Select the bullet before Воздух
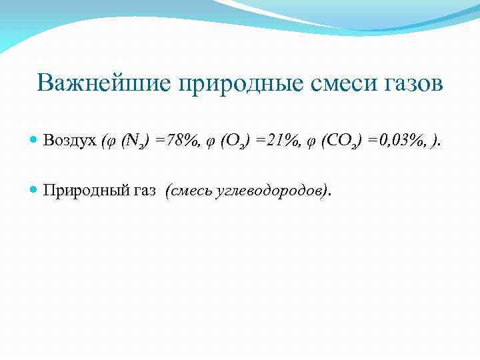34,141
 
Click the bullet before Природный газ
34,191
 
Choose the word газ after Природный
143,191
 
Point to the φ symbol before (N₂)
111,142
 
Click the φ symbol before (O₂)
213,142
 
